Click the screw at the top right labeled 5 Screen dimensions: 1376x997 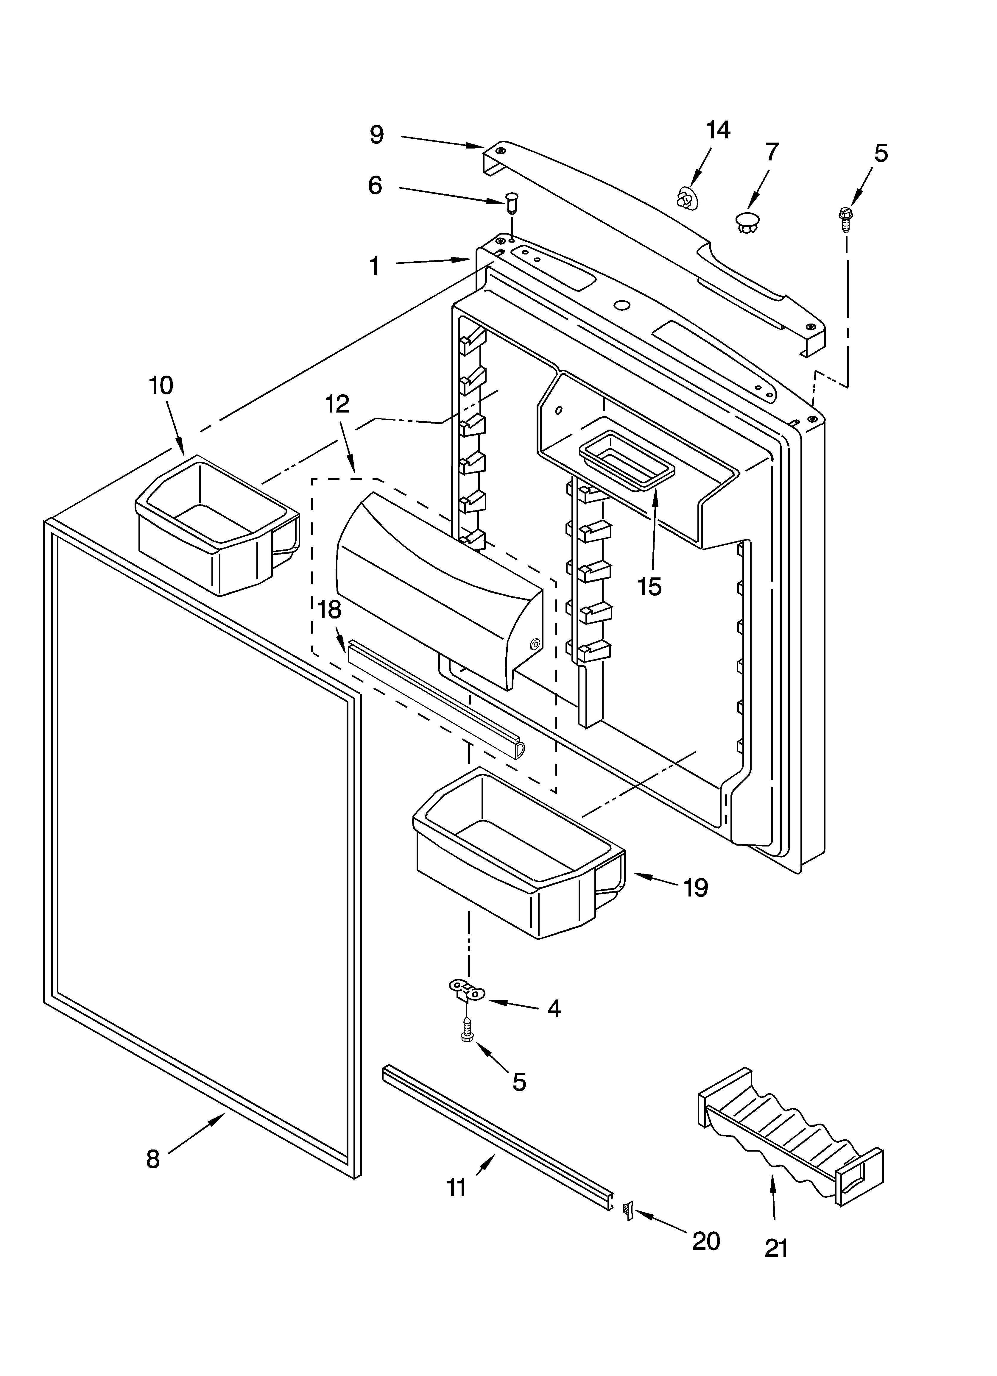pos(845,219)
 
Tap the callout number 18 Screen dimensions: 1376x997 pos(330,610)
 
